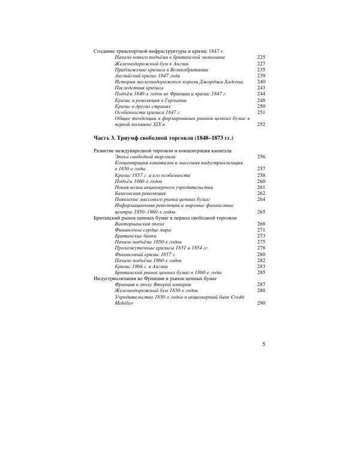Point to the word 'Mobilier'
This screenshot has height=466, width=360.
pyautogui.click(x=124, y=303)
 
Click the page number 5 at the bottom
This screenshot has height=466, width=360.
pyautogui.click(x=263, y=344)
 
